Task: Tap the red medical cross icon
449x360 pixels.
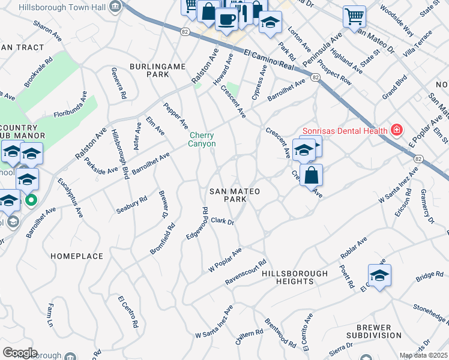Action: point(396,130)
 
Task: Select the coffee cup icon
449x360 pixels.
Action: point(226,19)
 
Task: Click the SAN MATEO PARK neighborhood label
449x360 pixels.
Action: point(235,195)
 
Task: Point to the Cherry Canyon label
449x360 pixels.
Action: point(202,139)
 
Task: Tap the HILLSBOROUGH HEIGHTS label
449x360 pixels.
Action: point(295,277)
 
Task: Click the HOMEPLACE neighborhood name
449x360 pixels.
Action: point(77,256)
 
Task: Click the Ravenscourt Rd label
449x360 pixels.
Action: point(246,272)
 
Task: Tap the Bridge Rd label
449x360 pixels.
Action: point(429,275)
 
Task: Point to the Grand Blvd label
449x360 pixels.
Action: point(394,88)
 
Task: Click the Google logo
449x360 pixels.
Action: point(20,353)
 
